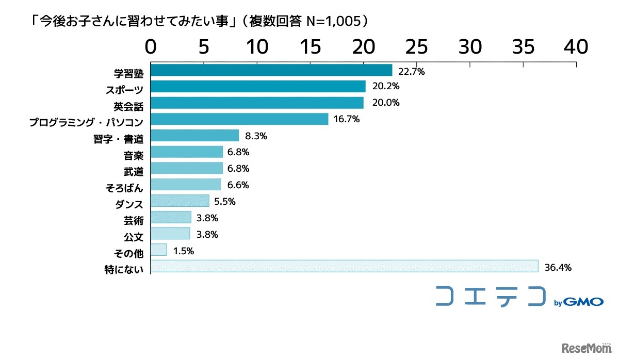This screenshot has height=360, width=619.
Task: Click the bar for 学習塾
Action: pyautogui.click(x=271, y=70)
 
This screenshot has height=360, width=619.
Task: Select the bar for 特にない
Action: pyautogui.click(x=344, y=266)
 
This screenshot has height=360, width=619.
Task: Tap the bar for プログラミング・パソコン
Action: pyautogui.click(x=239, y=119)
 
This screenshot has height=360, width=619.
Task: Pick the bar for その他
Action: pyautogui.click(x=158, y=250)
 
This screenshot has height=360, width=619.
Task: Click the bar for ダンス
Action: pyautogui.click(x=180, y=201)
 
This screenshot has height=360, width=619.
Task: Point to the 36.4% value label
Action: pyautogui.click(x=558, y=268)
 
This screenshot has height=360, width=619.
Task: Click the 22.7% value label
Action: pyautogui.click(x=411, y=72)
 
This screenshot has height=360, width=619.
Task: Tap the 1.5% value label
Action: pyautogui.click(x=183, y=251)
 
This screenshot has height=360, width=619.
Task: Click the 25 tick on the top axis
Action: pyautogui.click(x=417, y=47)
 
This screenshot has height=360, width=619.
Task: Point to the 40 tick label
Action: pyautogui.click(x=576, y=47)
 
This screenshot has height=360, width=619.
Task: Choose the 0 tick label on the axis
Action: pyautogui.click(x=151, y=47)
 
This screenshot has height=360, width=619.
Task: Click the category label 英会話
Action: pyautogui.click(x=128, y=106)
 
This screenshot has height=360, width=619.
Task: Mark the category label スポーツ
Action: pyautogui.click(x=124, y=90)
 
